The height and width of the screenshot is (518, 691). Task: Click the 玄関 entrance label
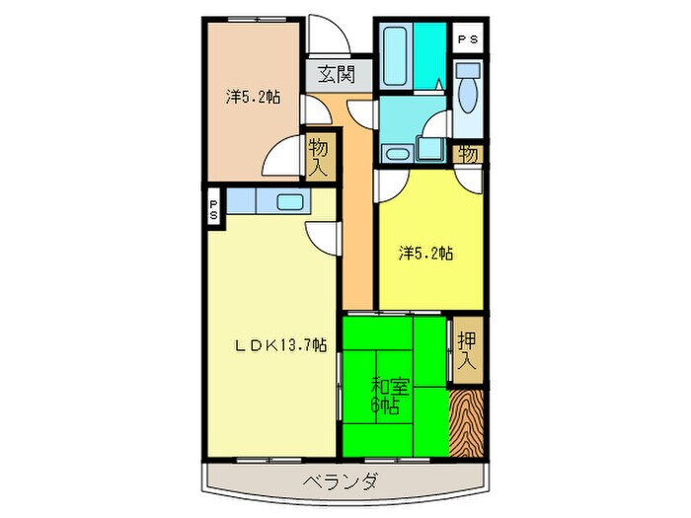pos(330,73)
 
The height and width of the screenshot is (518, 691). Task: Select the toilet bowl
pos(469,87)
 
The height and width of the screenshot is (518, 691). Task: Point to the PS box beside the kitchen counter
pos(213,209)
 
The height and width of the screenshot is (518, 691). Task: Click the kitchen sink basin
pos(291,203)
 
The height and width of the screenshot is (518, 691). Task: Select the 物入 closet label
pos(318,157)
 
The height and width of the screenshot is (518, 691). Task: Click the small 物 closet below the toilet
pos(468,154)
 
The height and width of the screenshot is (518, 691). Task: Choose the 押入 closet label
pos(467,350)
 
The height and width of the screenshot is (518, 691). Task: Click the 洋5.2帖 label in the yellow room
pos(426,254)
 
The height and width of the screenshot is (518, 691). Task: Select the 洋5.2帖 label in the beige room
pos(252,97)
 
